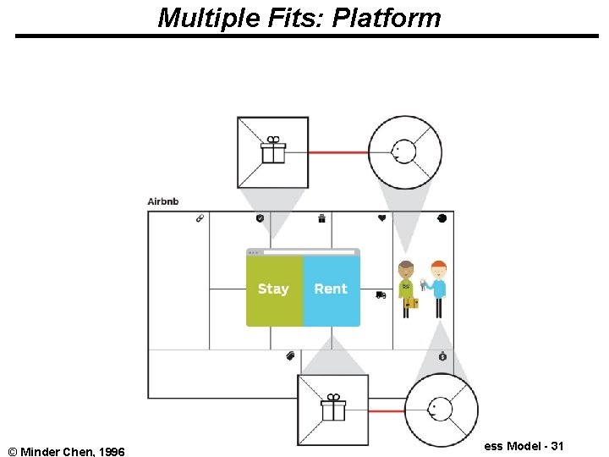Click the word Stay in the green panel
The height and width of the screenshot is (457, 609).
click(x=273, y=289)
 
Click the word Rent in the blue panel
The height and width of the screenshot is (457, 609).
click(x=331, y=289)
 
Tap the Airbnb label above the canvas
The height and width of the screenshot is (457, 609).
click(x=163, y=201)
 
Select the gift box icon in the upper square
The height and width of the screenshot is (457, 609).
click(x=272, y=151)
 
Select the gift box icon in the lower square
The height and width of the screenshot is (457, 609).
click(x=333, y=409)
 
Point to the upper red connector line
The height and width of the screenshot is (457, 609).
click(x=338, y=152)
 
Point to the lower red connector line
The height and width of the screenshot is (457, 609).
click(x=387, y=410)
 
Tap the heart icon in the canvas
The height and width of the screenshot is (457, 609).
click(x=381, y=218)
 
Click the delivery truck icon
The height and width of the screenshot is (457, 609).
click(x=381, y=295)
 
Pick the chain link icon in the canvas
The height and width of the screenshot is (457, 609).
click(x=200, y=218)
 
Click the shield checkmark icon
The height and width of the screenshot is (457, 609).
click(x=260, y=218)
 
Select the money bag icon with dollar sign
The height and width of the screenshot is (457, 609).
click(x=442, y=357)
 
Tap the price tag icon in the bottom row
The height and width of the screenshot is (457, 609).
click(x=289, y=356)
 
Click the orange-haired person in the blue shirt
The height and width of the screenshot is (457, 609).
click(x=436, y=289)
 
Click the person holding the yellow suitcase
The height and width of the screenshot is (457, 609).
click(x=408, y=289)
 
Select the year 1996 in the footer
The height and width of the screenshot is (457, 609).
click(x=111, y=452)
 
